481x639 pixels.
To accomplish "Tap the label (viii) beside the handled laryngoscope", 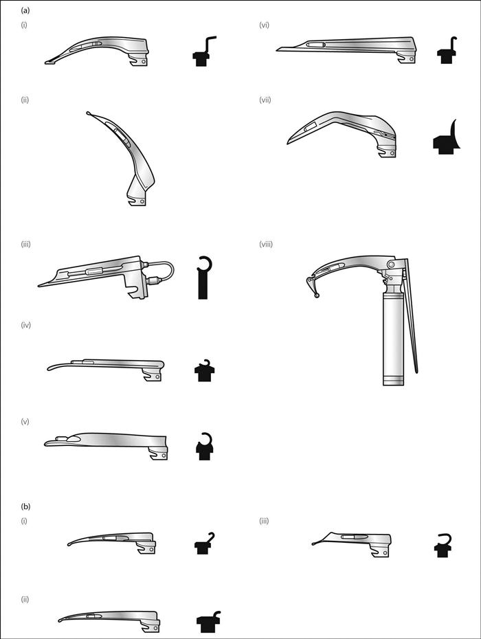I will point(266,244).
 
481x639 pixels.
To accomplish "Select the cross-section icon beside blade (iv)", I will point(204,370).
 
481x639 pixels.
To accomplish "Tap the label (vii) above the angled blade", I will point(265,100).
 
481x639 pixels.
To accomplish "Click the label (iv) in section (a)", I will point(25,324).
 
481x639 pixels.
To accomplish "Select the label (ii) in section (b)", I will point(25,599).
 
